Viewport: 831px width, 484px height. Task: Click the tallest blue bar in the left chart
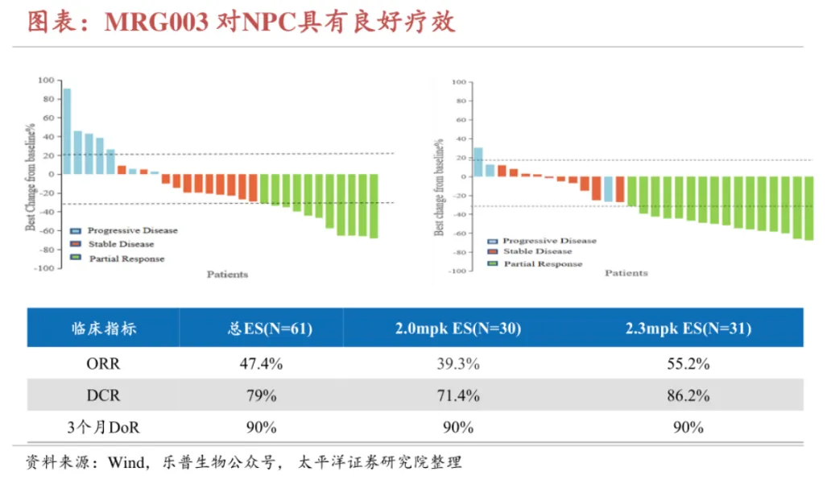tap(68, 130)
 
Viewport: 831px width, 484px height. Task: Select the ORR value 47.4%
tap(261, 364)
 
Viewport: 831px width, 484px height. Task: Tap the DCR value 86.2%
tap(688, 395)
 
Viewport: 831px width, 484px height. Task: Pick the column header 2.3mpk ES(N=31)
tap(688, 329)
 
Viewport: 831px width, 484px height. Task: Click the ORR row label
tap(103, 364)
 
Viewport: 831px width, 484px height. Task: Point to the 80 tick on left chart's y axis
tap(48, 100)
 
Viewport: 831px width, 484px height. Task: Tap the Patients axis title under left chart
tap(227, 275)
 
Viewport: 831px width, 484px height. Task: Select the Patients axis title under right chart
tap(626, 273)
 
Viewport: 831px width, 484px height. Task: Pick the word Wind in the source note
tap(127, 462)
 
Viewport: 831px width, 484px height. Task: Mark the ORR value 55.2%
tap(688, 364)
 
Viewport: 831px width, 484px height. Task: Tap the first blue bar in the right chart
tap(478, 161)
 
